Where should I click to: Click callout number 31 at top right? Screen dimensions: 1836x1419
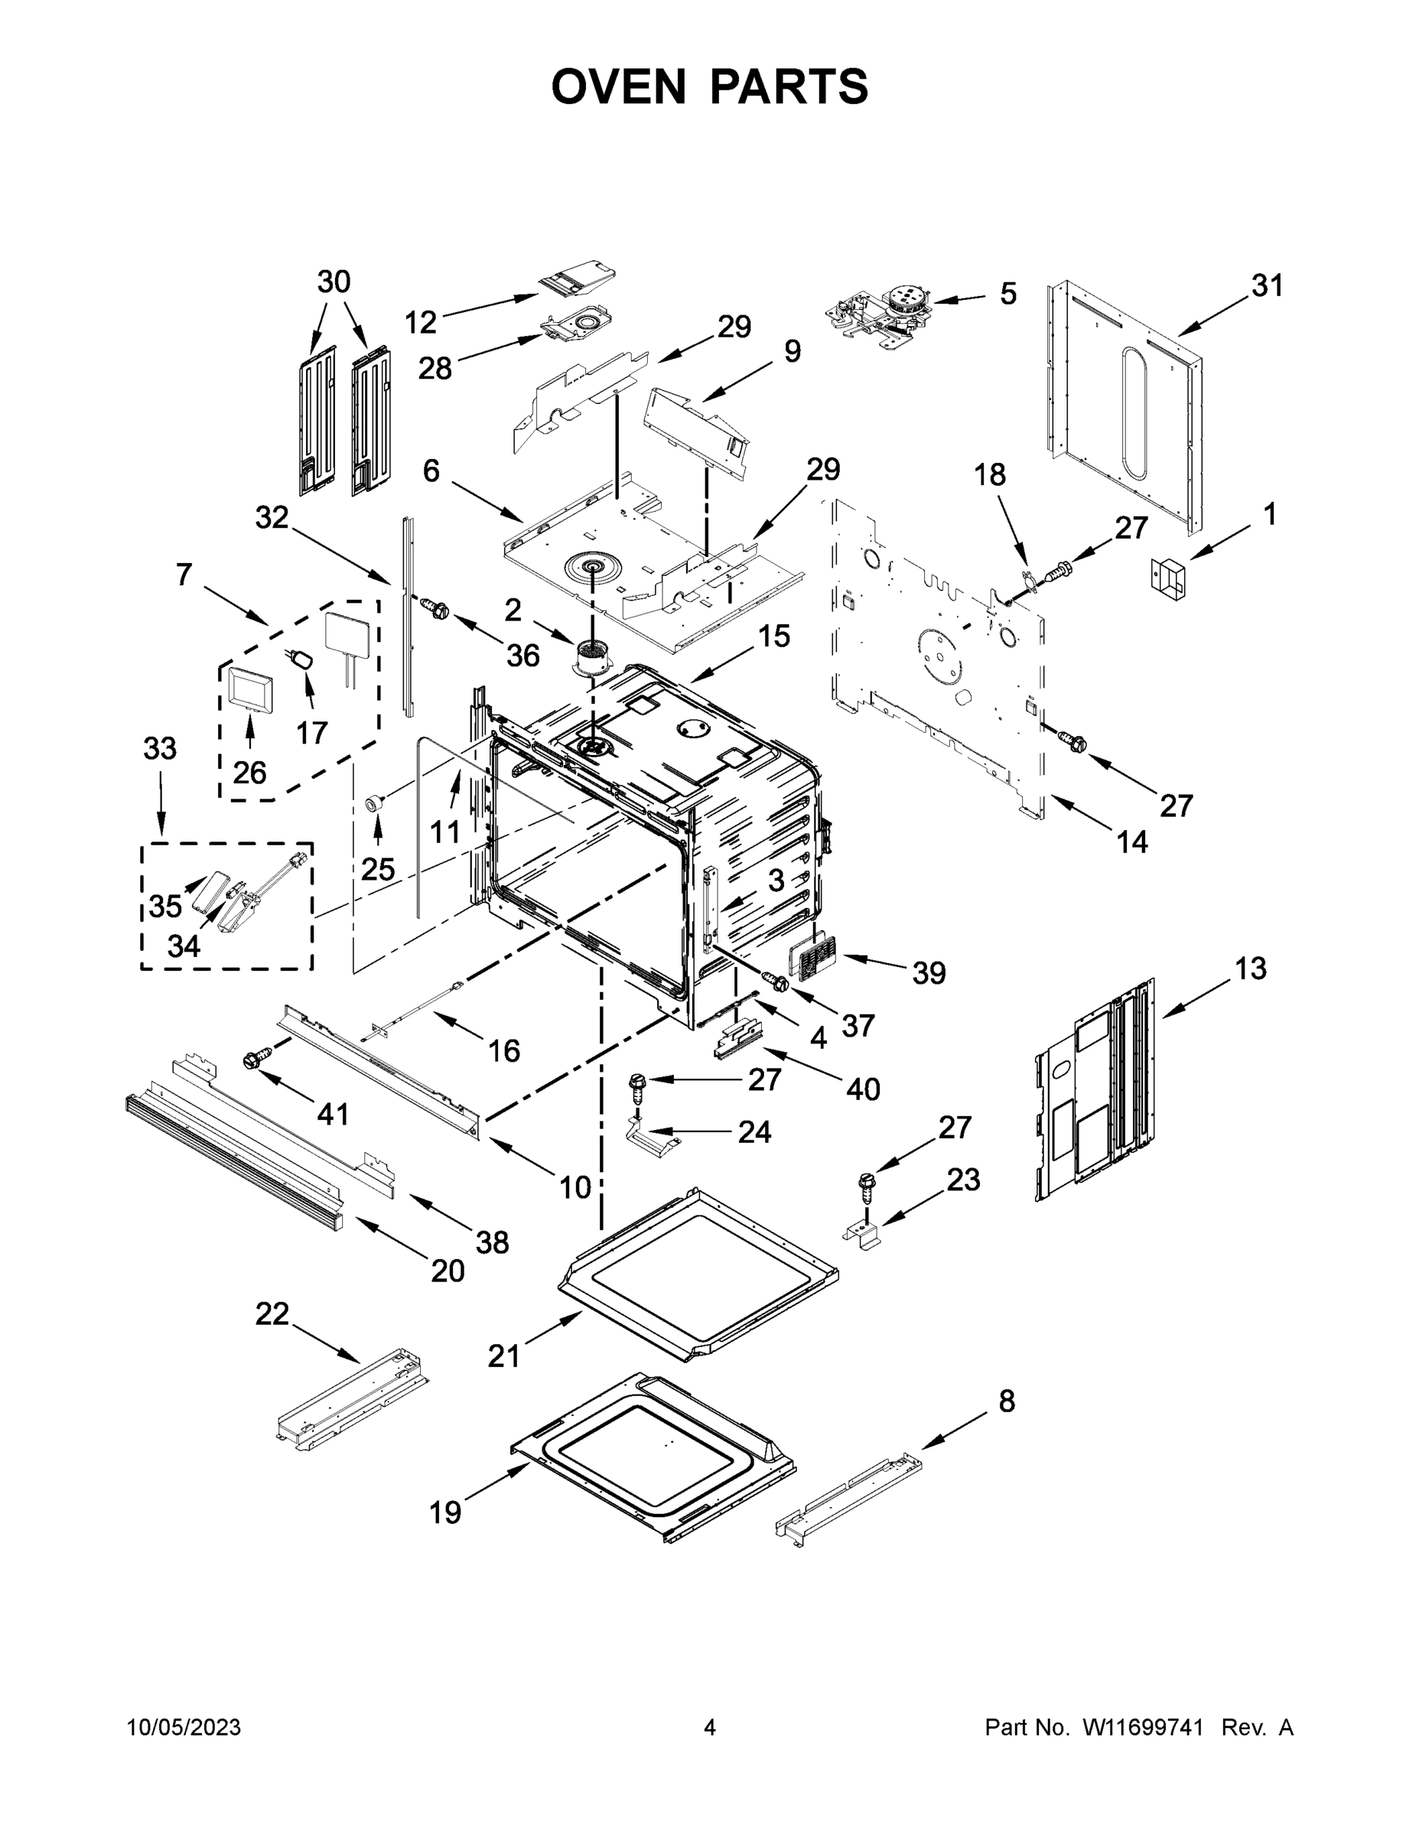1268,286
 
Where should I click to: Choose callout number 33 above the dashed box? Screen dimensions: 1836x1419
160,747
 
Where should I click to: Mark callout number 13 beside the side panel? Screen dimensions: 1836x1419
1250,969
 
